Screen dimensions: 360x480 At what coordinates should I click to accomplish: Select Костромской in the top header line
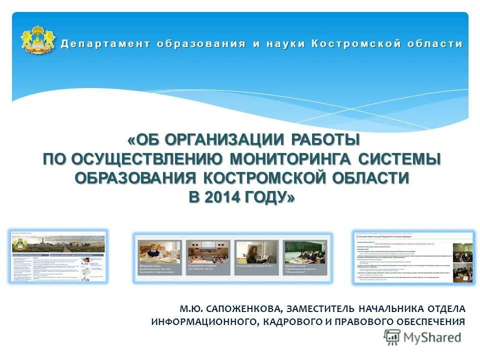coord(350,43)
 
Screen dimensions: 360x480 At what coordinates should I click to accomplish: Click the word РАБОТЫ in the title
coord(326,139)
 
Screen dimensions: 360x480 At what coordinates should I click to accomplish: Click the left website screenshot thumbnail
coord(58,256)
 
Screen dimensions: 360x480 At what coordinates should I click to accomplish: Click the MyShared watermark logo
coord(422,337)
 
